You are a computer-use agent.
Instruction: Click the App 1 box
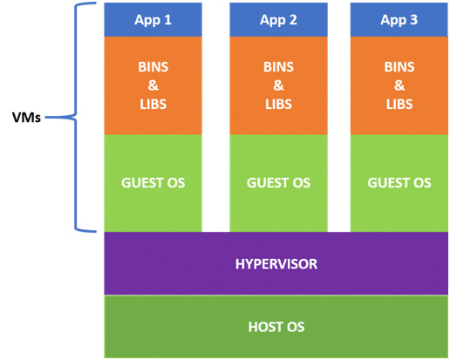(x=153, y=19)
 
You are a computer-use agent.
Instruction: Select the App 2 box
(x=278, y=19)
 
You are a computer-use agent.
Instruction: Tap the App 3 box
(x=399, y=19)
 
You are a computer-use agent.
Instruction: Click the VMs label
(x=26, y=118)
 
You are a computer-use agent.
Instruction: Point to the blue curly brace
(x=76, y=118)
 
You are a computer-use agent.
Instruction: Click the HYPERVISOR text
(x=276, y=264)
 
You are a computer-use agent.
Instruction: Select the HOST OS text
(x=276, y=327)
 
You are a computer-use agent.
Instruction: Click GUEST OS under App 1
(x=153, y=183)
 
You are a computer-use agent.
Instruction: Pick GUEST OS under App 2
(x=278, y=183)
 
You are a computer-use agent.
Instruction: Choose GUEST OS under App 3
(x=399, y=183)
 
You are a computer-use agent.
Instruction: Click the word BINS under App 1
(x=153, y=67)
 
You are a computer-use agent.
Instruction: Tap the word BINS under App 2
(x=278, y=67)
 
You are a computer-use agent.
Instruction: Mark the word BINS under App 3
(x=399, y=67)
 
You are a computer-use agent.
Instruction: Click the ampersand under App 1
(x=153, y=85)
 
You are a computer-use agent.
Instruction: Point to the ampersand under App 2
(x=278, y=85)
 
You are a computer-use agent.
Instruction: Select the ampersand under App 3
(x=399, y=85)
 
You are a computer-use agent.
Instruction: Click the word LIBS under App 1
(x=153, y=105)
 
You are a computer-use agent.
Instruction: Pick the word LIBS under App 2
(x=278, y=105)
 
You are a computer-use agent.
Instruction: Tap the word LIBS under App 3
(x=399, y=105)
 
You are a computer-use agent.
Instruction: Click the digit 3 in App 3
(x=413, y=20)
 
